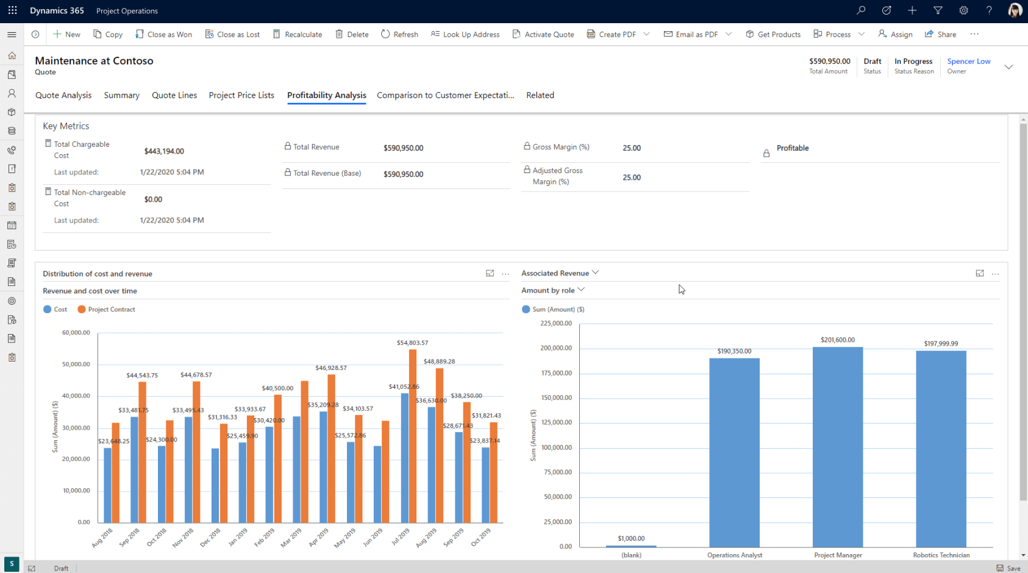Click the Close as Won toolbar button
tap(163, 34)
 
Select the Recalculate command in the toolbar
tap(298, 34)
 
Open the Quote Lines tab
tap(174, 95)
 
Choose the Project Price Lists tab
tap(241, 95)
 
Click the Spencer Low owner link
tap(968, 61)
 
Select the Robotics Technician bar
tap(941, 449)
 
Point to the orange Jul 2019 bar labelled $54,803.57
tap(413, 436)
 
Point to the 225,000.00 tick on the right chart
tap(556, 324)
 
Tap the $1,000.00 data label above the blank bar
tap(631, 538)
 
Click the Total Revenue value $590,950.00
tap(403, 148)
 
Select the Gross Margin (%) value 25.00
tap(632, 148)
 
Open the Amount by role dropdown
tap(552, 290)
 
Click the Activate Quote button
tap(543, 34)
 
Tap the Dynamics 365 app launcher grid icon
tap(12, 11)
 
